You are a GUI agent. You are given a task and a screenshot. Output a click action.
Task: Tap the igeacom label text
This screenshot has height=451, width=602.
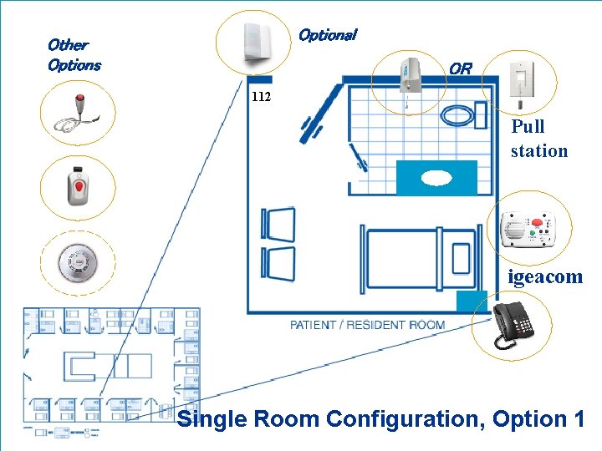point(545,277)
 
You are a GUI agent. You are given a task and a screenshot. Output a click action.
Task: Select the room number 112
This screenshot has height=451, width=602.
point(261,97)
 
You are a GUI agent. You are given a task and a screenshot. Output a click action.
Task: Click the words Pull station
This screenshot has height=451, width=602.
point(538,139)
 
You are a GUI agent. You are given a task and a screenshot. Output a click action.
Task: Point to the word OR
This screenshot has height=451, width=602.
point(460,68)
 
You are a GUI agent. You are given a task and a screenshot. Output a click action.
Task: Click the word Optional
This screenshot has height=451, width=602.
point(327,35)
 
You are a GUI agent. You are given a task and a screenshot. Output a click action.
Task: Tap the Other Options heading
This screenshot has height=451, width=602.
point(74,54)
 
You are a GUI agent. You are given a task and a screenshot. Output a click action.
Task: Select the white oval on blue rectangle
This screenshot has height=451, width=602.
point(436,178)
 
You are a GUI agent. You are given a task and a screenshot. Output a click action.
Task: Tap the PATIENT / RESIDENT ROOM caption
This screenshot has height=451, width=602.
point(367,325)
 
